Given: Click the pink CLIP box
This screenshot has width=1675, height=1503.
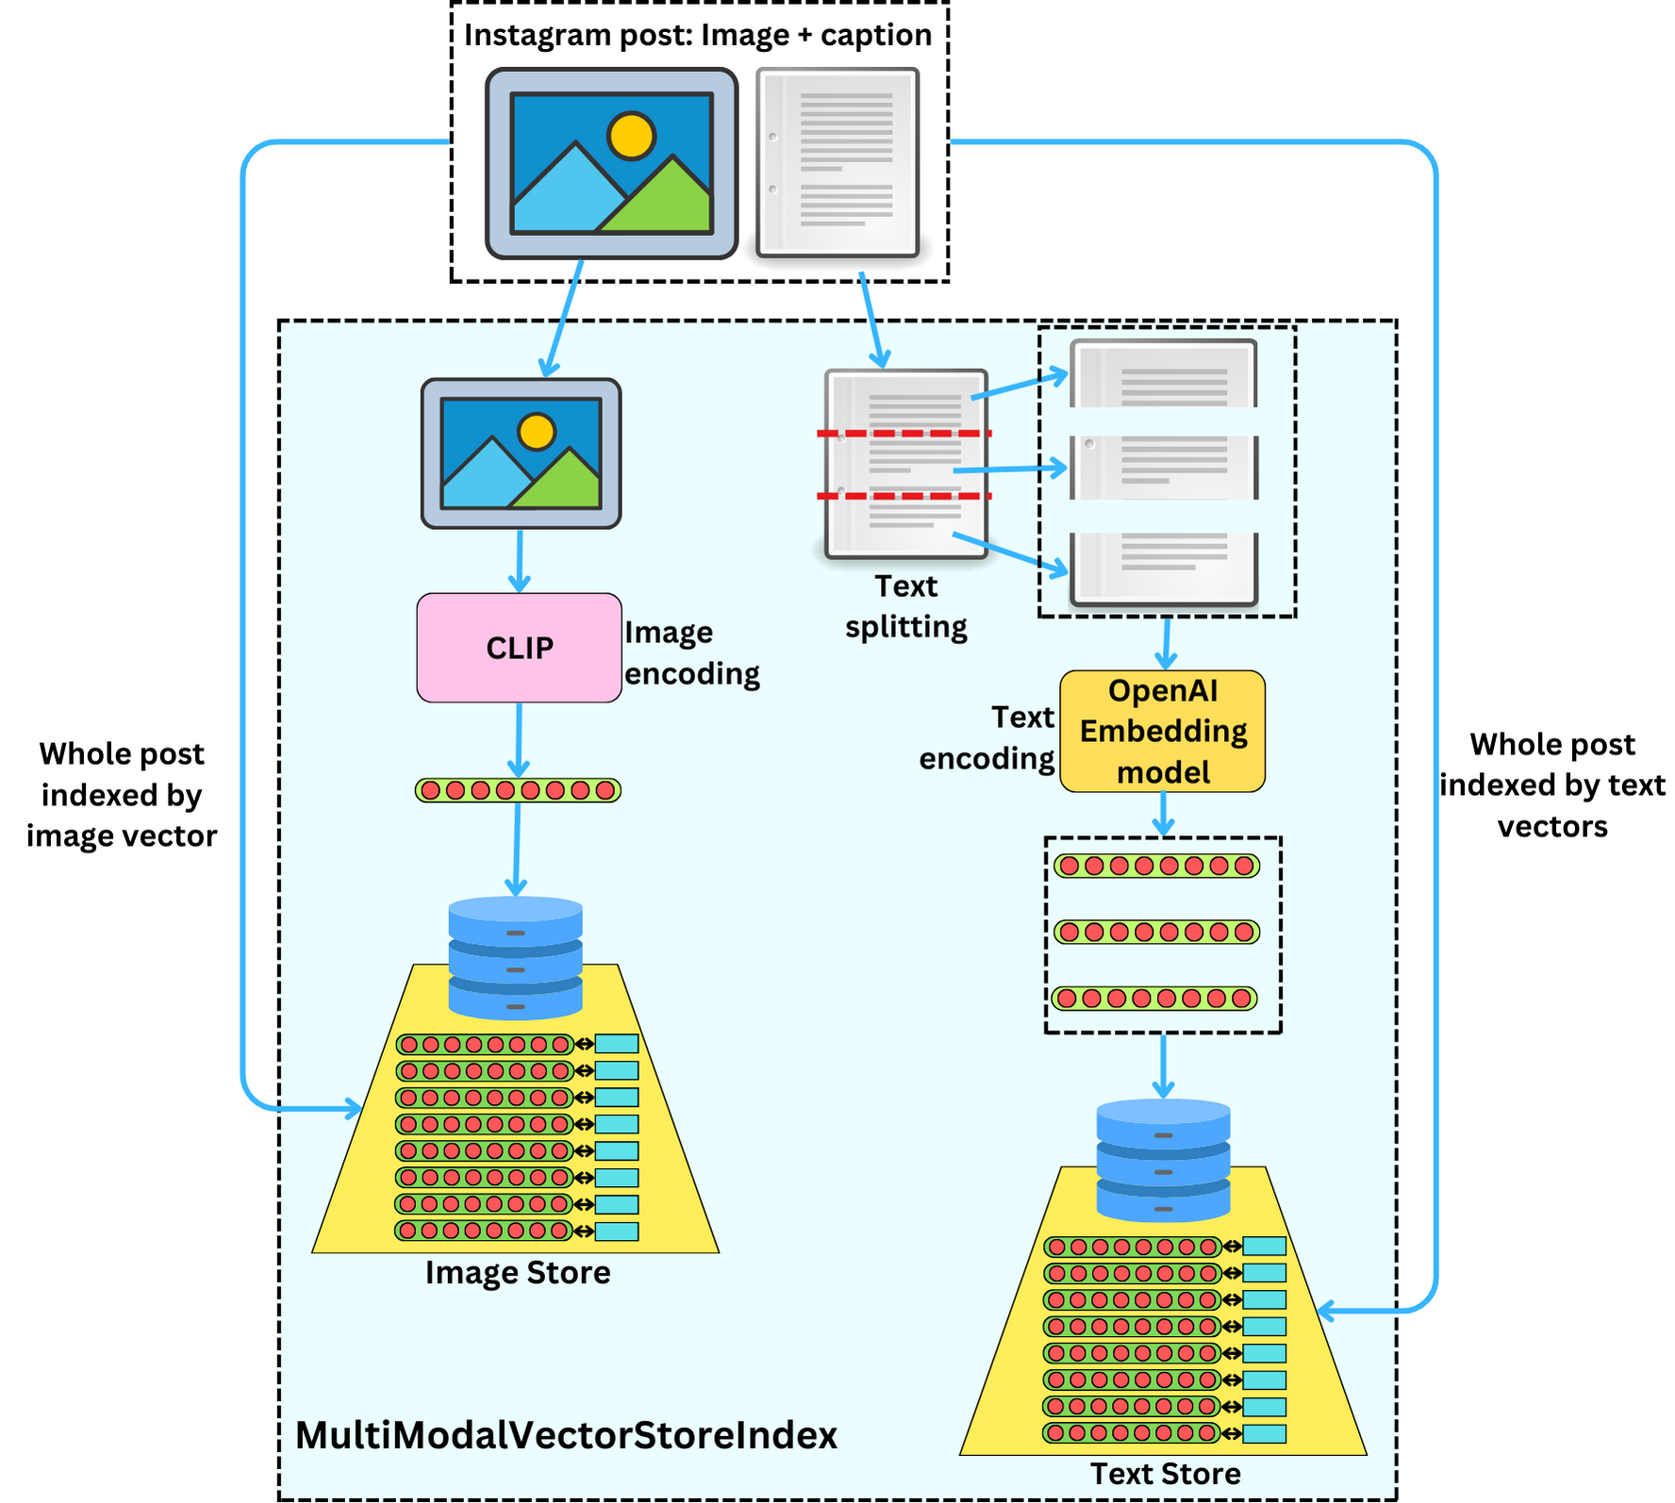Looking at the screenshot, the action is tap(519, 648).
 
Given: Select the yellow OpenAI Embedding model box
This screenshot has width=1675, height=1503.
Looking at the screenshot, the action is tap(1162, 731).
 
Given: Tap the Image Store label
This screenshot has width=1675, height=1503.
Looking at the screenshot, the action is tap(518, 1273).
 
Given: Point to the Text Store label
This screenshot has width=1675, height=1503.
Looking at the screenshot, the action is tap(1166, 1474).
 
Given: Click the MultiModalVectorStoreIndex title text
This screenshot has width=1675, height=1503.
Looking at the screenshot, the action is tap(567, 1435).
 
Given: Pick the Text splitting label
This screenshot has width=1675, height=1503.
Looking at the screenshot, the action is tap(906, 606).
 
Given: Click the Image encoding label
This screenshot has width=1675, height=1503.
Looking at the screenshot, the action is tap(692, 652).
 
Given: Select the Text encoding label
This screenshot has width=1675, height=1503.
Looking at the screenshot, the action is tap(987, 737).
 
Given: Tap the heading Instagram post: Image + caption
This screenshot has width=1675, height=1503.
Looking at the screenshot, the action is tap(698, 35).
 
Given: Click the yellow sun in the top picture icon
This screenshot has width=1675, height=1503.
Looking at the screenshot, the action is tap(631, 136).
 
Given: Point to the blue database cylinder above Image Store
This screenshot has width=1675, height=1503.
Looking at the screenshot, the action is tap(515, 958).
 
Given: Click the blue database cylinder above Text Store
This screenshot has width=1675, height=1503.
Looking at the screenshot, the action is tap(1163, 1160).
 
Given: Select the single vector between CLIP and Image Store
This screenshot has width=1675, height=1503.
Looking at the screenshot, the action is tap(518, 790).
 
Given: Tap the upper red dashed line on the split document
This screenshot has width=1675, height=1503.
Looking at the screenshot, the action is tap(904, 434).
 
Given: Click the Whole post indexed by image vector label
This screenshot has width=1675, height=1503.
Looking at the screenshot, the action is tap(122, 795).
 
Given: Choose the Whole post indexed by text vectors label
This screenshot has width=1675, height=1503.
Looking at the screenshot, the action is tap(1552, 785).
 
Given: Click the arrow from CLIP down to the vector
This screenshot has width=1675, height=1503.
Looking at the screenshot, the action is tap(519, 740).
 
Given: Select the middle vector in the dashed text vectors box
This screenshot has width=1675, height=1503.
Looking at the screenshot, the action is tap(1156, 932).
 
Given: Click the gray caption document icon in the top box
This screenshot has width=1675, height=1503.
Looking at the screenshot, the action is tap(837, 162).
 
